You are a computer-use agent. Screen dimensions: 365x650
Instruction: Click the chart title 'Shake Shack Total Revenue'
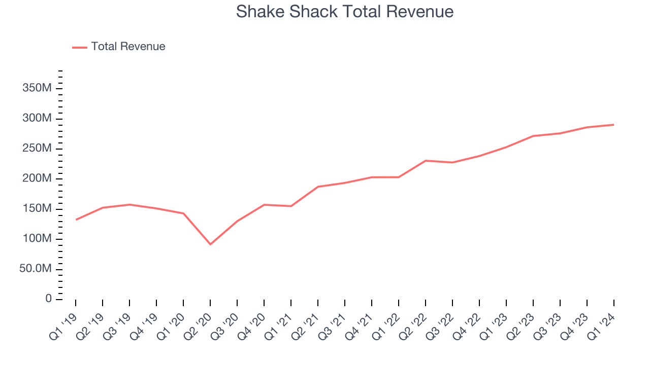coord(344,12)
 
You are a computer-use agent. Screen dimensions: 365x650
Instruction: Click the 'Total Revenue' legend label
coord(128,47)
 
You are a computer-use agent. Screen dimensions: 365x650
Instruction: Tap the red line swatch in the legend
coord(80,47)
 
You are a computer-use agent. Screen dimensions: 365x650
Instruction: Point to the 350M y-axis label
coord(37,88)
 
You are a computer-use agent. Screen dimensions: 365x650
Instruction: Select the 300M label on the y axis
coord(37,118)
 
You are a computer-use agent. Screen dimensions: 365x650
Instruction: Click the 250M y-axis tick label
coord(37,149)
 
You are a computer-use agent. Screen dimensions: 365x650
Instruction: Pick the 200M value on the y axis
coord(37,178)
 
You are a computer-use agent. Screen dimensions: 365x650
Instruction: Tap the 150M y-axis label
coord(37,208)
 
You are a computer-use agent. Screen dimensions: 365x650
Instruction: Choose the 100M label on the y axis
coord(37,238)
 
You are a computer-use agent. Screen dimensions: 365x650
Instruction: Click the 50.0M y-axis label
coord(36,269)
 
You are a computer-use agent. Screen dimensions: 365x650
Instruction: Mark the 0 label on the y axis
coord(48,299)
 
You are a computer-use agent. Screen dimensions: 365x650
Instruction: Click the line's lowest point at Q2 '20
coord(210,244)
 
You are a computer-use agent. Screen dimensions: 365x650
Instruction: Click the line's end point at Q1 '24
coord(614,125)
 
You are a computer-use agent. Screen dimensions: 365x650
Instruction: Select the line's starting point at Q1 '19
coord(76,220)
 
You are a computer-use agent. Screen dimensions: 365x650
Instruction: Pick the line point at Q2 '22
coord(426,161)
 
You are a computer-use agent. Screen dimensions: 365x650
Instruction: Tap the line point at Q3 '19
coord(129,204)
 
